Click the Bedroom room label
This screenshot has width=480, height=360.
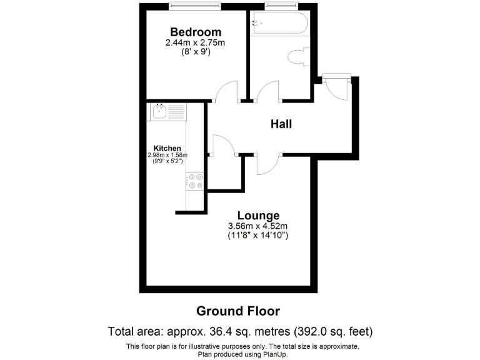click(195, 32)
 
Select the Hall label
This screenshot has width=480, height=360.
click(281, 124)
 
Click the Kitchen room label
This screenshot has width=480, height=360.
click(167, 148)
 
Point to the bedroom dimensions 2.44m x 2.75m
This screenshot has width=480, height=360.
click(195, 43)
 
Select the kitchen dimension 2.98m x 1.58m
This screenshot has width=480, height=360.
click(167, 155)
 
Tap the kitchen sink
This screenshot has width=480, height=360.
click(159, 112)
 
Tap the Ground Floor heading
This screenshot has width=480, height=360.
click(238, 311)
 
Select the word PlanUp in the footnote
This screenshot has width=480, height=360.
click(271, 354)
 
